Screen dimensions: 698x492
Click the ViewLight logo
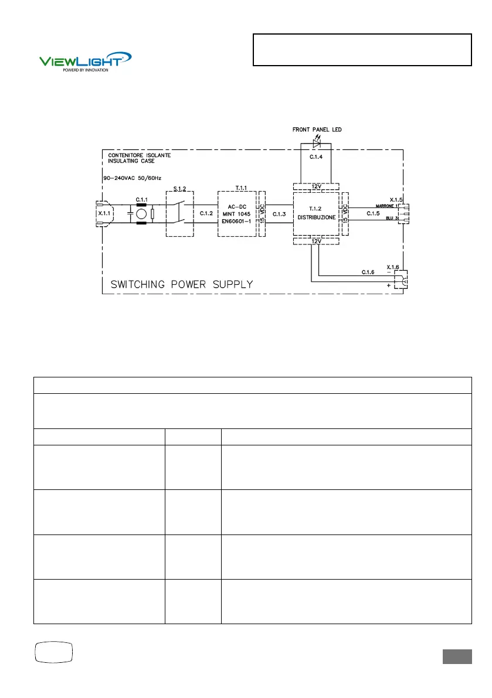[85, 60]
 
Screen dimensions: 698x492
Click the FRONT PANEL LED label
[317, 130]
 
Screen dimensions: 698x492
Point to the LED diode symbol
[317, 141]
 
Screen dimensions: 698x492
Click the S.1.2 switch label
[179, 189]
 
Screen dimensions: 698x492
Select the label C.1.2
[206, 214]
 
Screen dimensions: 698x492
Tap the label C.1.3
[279, 214]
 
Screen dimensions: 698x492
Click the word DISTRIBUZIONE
[316, 217]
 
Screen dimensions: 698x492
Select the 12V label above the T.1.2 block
[316, 186]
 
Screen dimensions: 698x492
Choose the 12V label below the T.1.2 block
[316, 241]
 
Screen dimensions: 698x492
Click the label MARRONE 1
[386, 206]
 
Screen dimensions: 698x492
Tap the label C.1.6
[368, 273]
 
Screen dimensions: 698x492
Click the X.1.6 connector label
[393, 267]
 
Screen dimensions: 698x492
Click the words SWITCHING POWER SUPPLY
[182, 285]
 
